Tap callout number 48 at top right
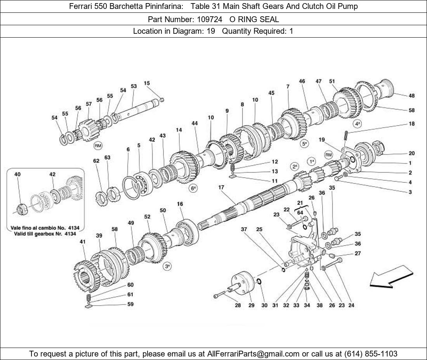(x=411, y=95)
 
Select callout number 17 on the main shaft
(x=221, y=187)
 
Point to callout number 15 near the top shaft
(x=147, y=83)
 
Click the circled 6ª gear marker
(x=193, y=188)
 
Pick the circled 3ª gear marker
(x=167, y=267)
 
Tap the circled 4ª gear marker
(x=358, y=124)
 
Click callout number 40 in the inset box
(x=17, y=174)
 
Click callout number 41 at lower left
(x=82, y=241)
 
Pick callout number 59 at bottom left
(x=130, y=304)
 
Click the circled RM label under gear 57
(x=98, y=146)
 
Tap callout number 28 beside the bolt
(x=238, y=305)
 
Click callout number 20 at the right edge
(x=411, y=153)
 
